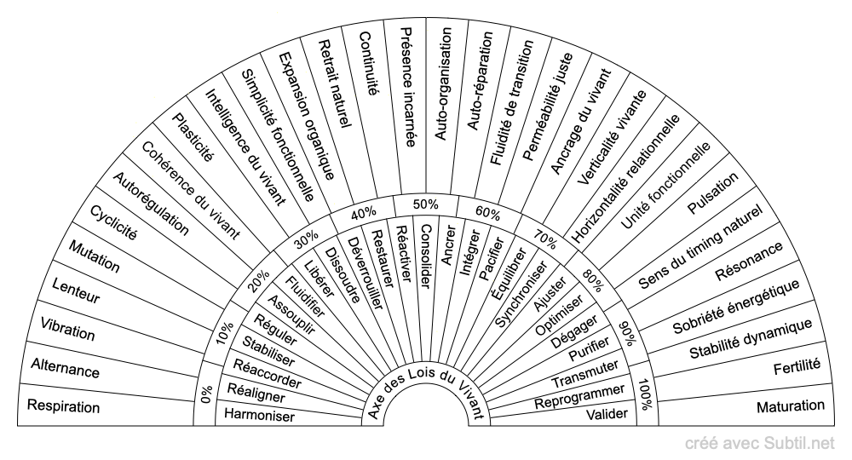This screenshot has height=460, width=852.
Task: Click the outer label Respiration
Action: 64,406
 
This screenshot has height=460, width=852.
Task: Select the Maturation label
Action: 791,406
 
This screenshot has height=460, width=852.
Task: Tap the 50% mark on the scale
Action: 426,204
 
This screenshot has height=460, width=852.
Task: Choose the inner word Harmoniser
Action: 259,416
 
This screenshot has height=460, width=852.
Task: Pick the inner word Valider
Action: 607,415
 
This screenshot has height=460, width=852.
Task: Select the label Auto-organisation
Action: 444,85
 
